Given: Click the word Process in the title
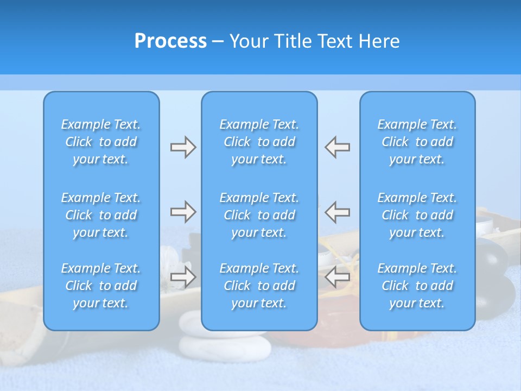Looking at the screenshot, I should (170, 41).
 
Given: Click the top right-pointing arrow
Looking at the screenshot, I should (183, 147).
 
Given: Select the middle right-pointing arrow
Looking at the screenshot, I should (183, 212).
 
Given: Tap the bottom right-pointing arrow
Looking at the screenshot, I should (183, 276).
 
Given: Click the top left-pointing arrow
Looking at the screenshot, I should (338, 147).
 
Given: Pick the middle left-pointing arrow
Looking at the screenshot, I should (338, 212).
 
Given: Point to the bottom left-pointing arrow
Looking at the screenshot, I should (338, 276).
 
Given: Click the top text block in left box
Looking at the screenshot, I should (101, 142).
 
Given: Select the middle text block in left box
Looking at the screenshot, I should (101, 215).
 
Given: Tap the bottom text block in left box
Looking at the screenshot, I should (101, 286).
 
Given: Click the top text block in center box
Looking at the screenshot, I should (259, 142).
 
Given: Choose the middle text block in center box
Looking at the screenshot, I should (259, 215).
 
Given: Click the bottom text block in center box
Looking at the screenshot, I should (259, 286).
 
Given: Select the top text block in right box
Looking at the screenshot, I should (417, 142).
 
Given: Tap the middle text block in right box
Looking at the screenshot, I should (417, 215).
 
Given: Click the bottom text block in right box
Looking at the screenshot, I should (417, 286).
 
